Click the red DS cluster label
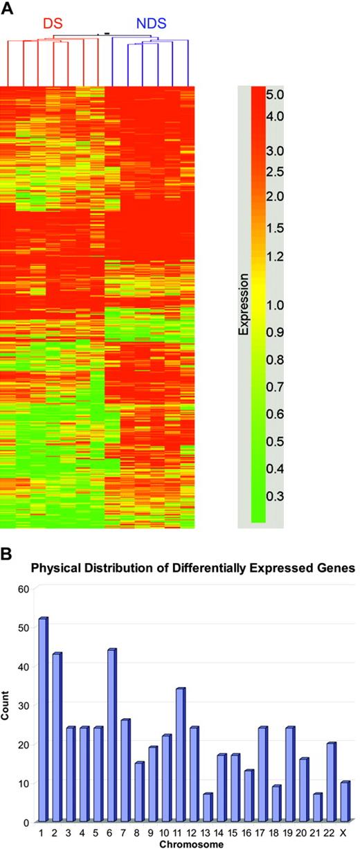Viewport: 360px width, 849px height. tap(53, 24)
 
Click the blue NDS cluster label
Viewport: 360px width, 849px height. tap(149, 24)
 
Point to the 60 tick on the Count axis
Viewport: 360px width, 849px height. tap(23, 589)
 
